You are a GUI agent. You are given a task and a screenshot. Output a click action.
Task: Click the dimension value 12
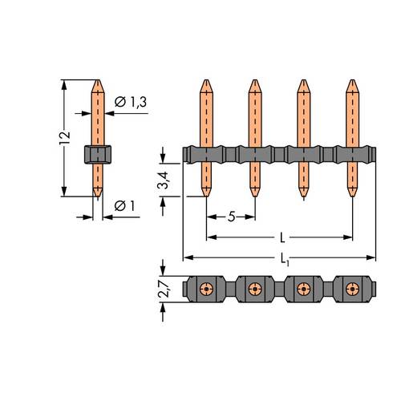[x=65, y=138]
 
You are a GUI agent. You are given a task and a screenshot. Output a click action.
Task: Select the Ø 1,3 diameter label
[x=131, y=102]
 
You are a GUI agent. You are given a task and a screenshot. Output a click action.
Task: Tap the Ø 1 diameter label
[x=124, y=205]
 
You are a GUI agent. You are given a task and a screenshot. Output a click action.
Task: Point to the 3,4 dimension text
[x=163, y=180]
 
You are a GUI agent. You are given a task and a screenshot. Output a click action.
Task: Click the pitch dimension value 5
[x=232, y=217]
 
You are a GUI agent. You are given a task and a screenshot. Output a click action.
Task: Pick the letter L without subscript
[x=282, y=237]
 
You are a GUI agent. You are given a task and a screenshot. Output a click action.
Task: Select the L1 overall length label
[x=285, y=259]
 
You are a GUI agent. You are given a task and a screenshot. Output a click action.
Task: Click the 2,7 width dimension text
[x=164, y=289]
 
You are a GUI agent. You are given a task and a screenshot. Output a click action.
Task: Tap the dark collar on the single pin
[x=98, y=154]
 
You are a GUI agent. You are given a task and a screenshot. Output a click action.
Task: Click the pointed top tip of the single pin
[x=98, y=80]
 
